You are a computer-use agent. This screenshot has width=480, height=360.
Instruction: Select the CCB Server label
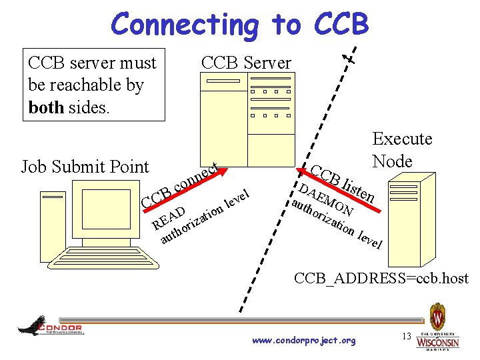pos(246,63)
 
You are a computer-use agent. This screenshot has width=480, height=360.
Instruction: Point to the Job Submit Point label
pos(85,167)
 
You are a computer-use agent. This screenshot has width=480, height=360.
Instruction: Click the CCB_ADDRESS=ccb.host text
pos(381,279)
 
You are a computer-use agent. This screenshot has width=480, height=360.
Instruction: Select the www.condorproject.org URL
pos(304,341)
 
